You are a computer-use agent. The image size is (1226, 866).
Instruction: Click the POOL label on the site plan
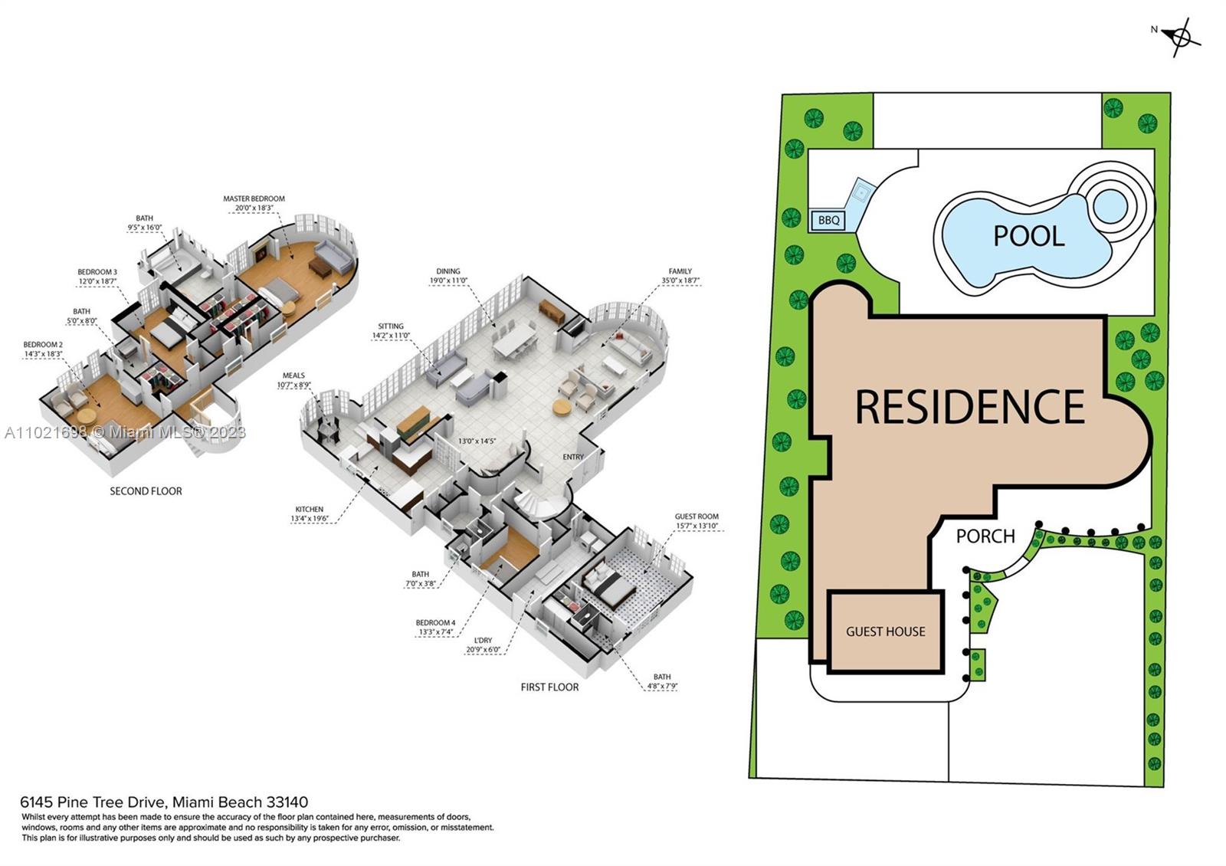(x=1028, y=236)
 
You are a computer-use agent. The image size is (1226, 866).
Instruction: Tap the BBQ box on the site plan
(x=828, y=221)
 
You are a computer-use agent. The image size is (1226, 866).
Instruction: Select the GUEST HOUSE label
(x=885, y=631)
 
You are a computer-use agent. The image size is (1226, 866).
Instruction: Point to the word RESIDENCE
(x=969, y=407)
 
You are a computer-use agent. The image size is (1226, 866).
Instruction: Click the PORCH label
(x=985, y=536)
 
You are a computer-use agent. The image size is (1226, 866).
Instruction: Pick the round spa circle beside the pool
(x=1110, y=205)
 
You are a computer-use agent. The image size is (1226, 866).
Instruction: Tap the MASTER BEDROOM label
(x=254, y=203)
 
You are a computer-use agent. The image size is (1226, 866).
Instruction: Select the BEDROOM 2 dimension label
(x=43, y=349)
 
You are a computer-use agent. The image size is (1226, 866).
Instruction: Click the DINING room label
(x=448, y=276)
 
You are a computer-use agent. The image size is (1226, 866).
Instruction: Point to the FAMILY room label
(x=680, y=276)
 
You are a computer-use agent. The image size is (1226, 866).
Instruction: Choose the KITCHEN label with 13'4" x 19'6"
(x=309, y=514)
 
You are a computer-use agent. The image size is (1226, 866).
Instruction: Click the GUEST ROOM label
(x=697, y=521)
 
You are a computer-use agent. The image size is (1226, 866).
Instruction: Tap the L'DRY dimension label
(x=483, y=645)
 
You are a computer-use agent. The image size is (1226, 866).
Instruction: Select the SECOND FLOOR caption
(x=146, y=491)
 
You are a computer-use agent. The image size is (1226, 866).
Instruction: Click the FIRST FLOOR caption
(x=549, y=687)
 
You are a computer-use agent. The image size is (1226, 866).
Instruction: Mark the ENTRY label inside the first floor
(x=573, y=457)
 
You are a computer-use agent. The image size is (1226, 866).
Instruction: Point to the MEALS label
(x=293, y=381)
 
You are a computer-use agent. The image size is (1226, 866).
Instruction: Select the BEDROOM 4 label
(x=435, y=628)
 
